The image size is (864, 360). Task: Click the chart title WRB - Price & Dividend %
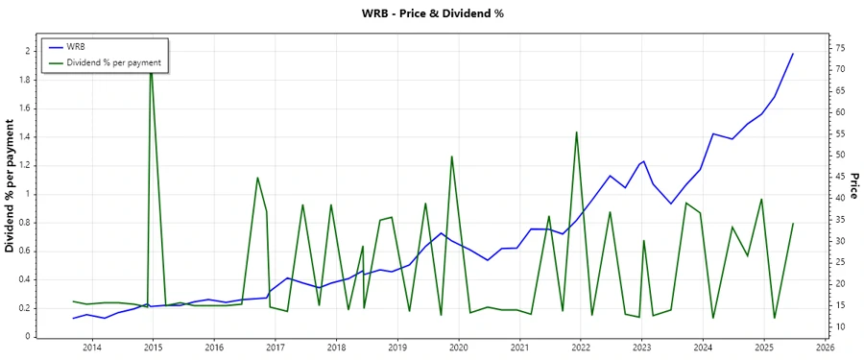(432, 13)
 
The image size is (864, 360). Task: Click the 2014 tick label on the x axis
(91, 348)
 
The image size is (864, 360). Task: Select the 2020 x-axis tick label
(459, 348)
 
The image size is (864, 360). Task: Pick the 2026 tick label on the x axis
(824, 348)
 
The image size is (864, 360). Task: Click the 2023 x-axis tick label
(642, 348)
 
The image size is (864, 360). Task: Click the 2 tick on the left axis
(26, 51)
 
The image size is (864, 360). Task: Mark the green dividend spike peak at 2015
(151, 67)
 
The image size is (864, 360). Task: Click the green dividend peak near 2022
(576, 132)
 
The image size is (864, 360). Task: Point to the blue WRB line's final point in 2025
(793, 54)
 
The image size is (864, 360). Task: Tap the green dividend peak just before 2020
(452, 156)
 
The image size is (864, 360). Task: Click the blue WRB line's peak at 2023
(643, 161)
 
